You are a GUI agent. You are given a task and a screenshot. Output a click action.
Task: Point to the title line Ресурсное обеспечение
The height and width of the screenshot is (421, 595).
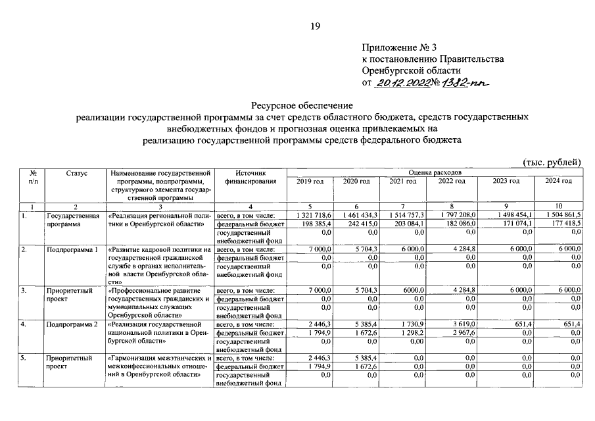[x=302, y=105]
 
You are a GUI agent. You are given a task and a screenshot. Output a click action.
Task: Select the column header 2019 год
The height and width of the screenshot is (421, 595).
[x=310, y=181]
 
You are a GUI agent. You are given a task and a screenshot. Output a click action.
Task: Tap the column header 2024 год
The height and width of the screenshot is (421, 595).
[x=558, y=181]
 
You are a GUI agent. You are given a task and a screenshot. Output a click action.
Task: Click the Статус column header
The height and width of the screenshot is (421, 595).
[x=77, y=172]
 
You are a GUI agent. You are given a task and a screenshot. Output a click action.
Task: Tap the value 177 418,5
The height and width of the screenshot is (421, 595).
[x=561, y=224]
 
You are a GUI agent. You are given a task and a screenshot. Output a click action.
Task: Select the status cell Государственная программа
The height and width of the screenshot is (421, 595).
[x=72, y=220]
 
